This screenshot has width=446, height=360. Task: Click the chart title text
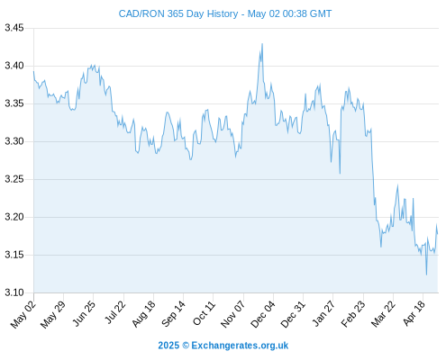(225, 13)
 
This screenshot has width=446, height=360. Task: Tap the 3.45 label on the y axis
(14, 28)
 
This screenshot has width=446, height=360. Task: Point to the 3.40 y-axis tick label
(14, 66)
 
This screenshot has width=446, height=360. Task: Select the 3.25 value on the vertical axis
(14, 179)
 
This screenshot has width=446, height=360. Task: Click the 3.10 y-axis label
(14, 292)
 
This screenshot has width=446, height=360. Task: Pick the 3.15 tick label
(14, 255)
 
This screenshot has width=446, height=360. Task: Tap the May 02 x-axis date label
(23, 314)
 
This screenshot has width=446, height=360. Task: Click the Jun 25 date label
(84, 313)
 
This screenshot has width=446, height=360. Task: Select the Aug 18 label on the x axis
(144, 313)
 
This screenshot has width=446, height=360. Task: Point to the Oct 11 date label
(205, 313)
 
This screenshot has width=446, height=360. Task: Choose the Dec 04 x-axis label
(263, 314)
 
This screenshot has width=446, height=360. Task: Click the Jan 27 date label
(323, 313)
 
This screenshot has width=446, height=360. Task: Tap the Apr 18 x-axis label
(414, 313)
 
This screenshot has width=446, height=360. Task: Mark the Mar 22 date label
(383, 314)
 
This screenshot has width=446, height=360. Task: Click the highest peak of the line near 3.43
(262, 44)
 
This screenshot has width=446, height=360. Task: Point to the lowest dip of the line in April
(426, 274)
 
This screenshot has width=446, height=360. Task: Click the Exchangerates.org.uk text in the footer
(240, 346)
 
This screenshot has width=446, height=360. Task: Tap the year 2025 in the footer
(168, 346)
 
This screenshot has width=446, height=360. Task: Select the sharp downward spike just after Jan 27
(340, 174)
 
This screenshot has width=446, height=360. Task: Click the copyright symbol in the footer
(186, 346)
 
